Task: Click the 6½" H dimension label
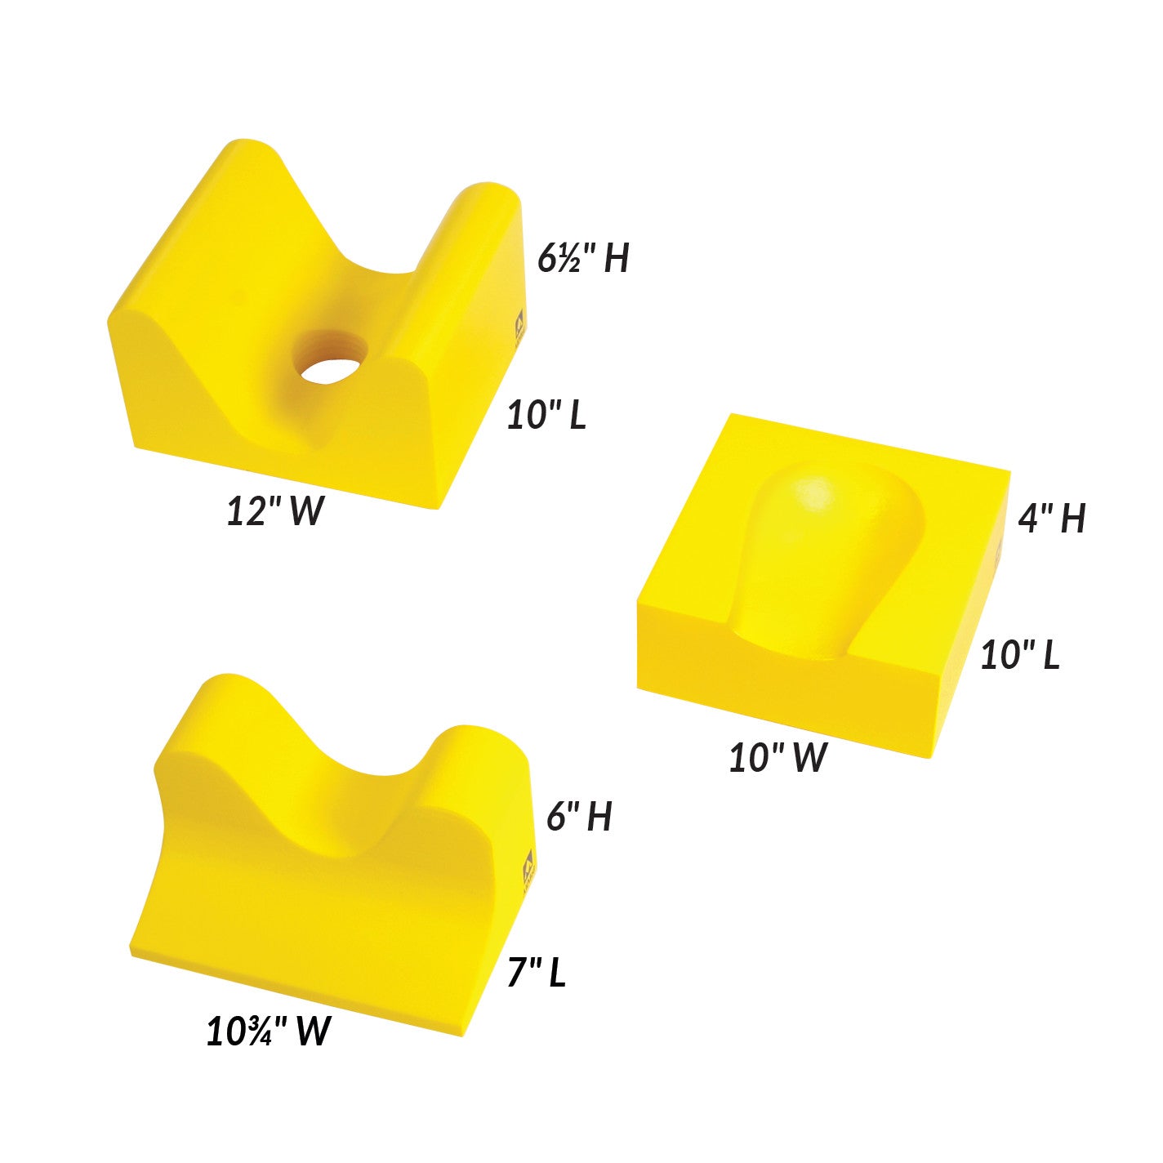point(583,258)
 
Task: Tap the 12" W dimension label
point(275,512)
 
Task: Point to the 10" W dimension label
point(778,757)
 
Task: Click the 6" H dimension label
point(579,816)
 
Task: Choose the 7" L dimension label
point(537,972)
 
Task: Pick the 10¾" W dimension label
point(269,1031)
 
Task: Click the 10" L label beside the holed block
point(546,415)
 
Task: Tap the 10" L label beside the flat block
point(1020,655)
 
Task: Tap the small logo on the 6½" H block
point(519,328)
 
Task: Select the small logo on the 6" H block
point(528,864)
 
